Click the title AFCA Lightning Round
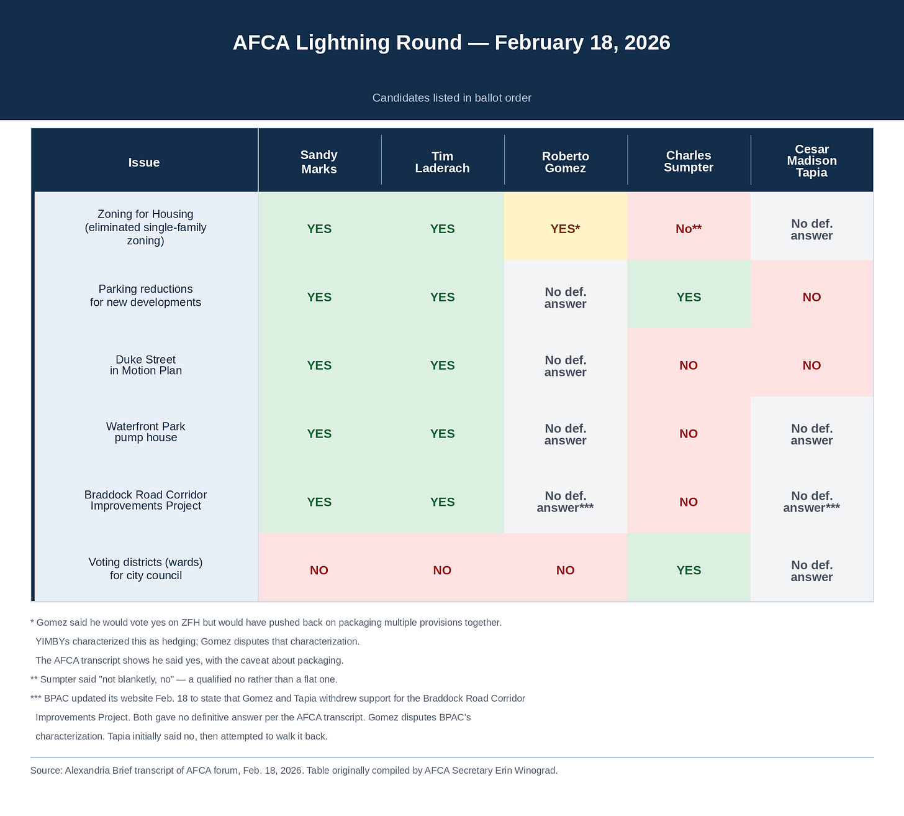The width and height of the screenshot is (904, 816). [451, 43]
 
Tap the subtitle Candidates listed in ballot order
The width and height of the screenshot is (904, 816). [451, 98]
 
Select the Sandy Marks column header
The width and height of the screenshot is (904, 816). [319, 162]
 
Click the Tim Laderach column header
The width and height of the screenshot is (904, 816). [442, 162]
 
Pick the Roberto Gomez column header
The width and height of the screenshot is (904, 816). [565, 162]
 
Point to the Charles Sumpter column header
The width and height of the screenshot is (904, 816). [688, 162]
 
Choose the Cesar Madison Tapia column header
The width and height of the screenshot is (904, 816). [811, 161]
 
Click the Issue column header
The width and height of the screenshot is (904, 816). [144, 163]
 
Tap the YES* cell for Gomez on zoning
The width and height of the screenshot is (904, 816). [565, 229]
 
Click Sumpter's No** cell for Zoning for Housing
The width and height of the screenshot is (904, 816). [688, 229]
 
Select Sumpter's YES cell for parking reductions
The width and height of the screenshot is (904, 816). [688, 297]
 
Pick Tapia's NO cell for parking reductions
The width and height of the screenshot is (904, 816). [811, 297]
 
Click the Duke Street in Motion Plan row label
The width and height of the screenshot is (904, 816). [146, 365]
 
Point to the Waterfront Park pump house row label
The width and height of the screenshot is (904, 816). [146, 433]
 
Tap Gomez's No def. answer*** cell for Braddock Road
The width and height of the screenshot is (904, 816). [565, 502]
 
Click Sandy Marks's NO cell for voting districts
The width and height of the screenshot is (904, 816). [319, 571]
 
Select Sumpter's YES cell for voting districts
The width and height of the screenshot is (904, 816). [688, 571]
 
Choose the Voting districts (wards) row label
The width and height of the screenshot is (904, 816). [146, 569]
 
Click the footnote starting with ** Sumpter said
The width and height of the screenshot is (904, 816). [184, 679]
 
